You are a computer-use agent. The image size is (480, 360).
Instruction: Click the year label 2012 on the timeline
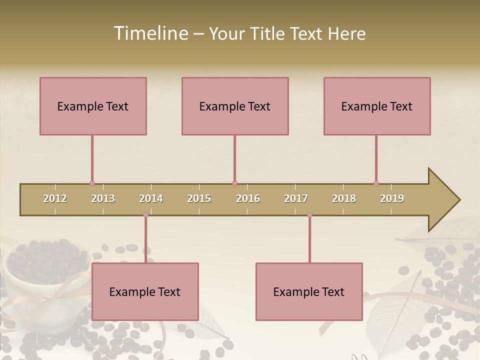pos(55,198)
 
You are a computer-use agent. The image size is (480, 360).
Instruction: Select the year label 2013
pos(103,198)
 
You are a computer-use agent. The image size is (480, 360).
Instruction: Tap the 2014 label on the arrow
pos(151,198)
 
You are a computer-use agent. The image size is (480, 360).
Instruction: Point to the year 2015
pos(199,198)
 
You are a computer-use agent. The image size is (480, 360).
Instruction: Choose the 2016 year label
pos(248,198)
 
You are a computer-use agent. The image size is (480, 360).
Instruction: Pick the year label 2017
pos(296,198)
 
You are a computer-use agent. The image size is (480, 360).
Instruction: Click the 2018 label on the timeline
pos(344,198)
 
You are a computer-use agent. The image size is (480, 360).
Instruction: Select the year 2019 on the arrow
pos(392,198)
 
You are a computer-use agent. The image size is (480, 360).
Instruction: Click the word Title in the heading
pos(267,34)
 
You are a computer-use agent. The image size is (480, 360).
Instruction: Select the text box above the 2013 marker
pos(93,106)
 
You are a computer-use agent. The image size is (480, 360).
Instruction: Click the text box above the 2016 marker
pos(235,106)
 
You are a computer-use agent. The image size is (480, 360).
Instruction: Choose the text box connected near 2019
pos(377,106)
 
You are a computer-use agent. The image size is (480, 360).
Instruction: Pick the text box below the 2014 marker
pos(145,291)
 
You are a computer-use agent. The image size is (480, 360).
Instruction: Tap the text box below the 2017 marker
pos(309,291)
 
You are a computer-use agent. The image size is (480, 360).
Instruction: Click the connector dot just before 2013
pos(92,183)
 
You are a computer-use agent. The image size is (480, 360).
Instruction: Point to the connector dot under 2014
pos(145,215)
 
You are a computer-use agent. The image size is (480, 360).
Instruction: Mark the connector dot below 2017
pos(309,215)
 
